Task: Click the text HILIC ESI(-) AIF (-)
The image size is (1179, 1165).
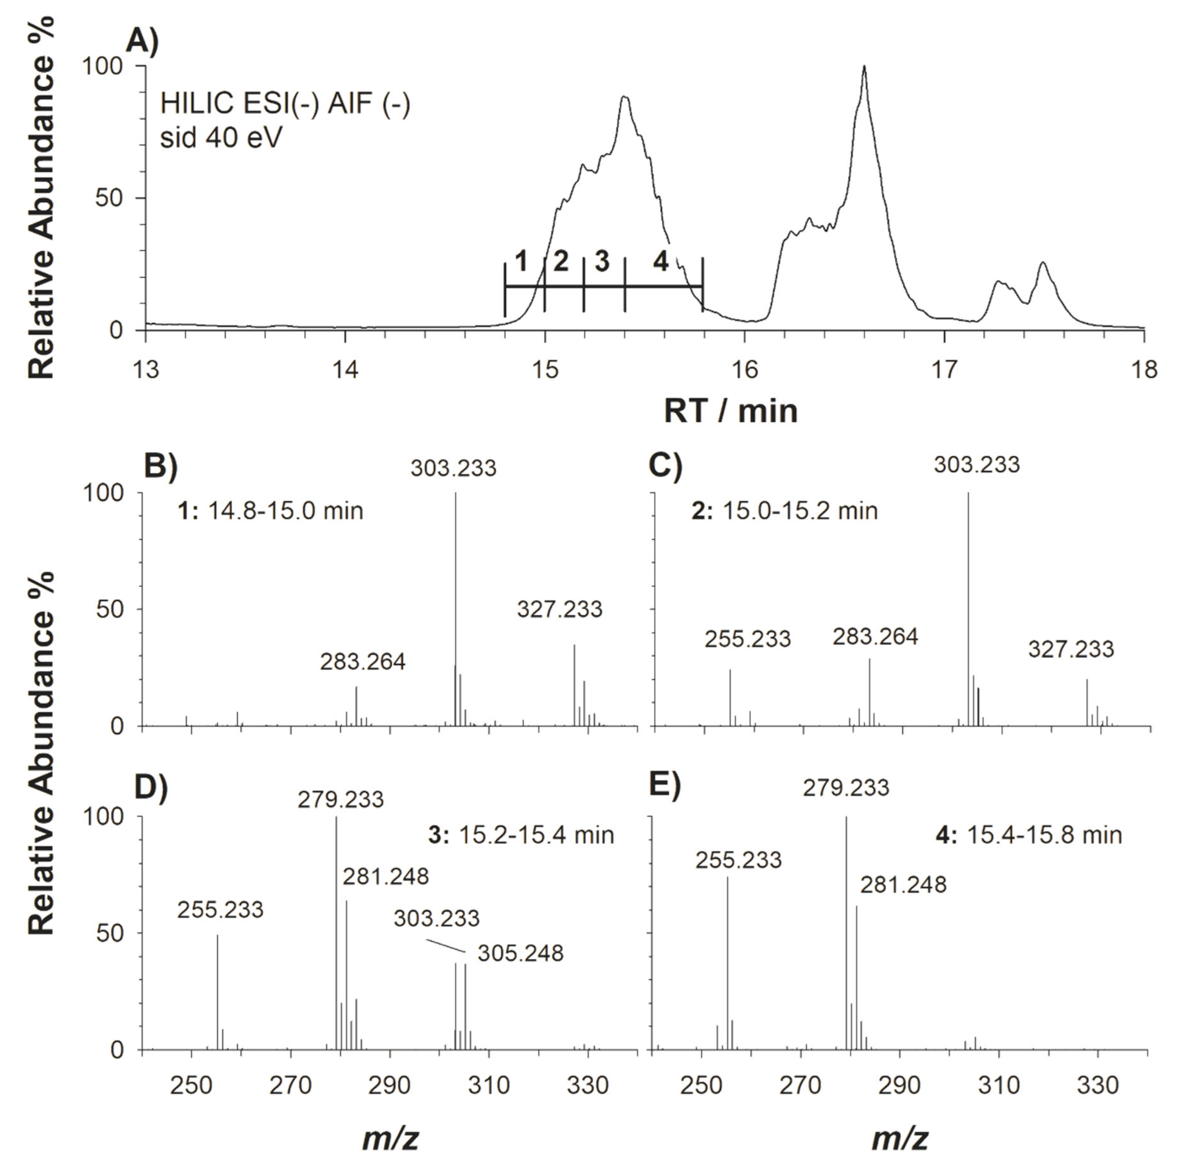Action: pyautogui.click(x=285, y=103)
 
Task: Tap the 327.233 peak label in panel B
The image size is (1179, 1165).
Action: pyautogui.click(x=560, y=609)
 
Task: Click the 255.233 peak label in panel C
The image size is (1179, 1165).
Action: pyautogui.click(x=748, y=638)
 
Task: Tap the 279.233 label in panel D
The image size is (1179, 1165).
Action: pyautogui.click(x=341, y=799)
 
